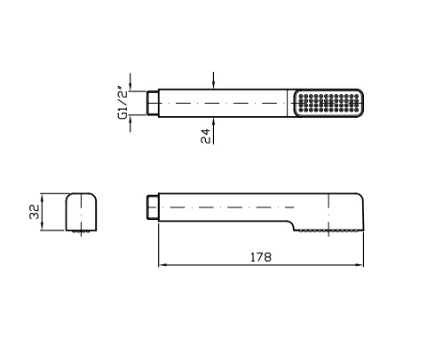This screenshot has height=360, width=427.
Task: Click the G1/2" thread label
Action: tap(123, 103)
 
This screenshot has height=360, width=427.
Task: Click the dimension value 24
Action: tap(205, 136)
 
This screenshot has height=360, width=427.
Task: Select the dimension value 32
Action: tap(35, 212)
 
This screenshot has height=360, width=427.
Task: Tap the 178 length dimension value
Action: tap(261, 257)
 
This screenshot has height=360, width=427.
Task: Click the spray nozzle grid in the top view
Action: tap(328, 103)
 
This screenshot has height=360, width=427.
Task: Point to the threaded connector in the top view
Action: tap(153, 103)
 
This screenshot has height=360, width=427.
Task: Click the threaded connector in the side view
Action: tap(153, 207)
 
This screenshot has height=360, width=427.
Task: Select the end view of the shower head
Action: tap(81, 212)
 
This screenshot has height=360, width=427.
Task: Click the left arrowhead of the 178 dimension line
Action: tap(162, 265)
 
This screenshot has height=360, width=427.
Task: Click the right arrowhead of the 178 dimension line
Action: tap(360, 265)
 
